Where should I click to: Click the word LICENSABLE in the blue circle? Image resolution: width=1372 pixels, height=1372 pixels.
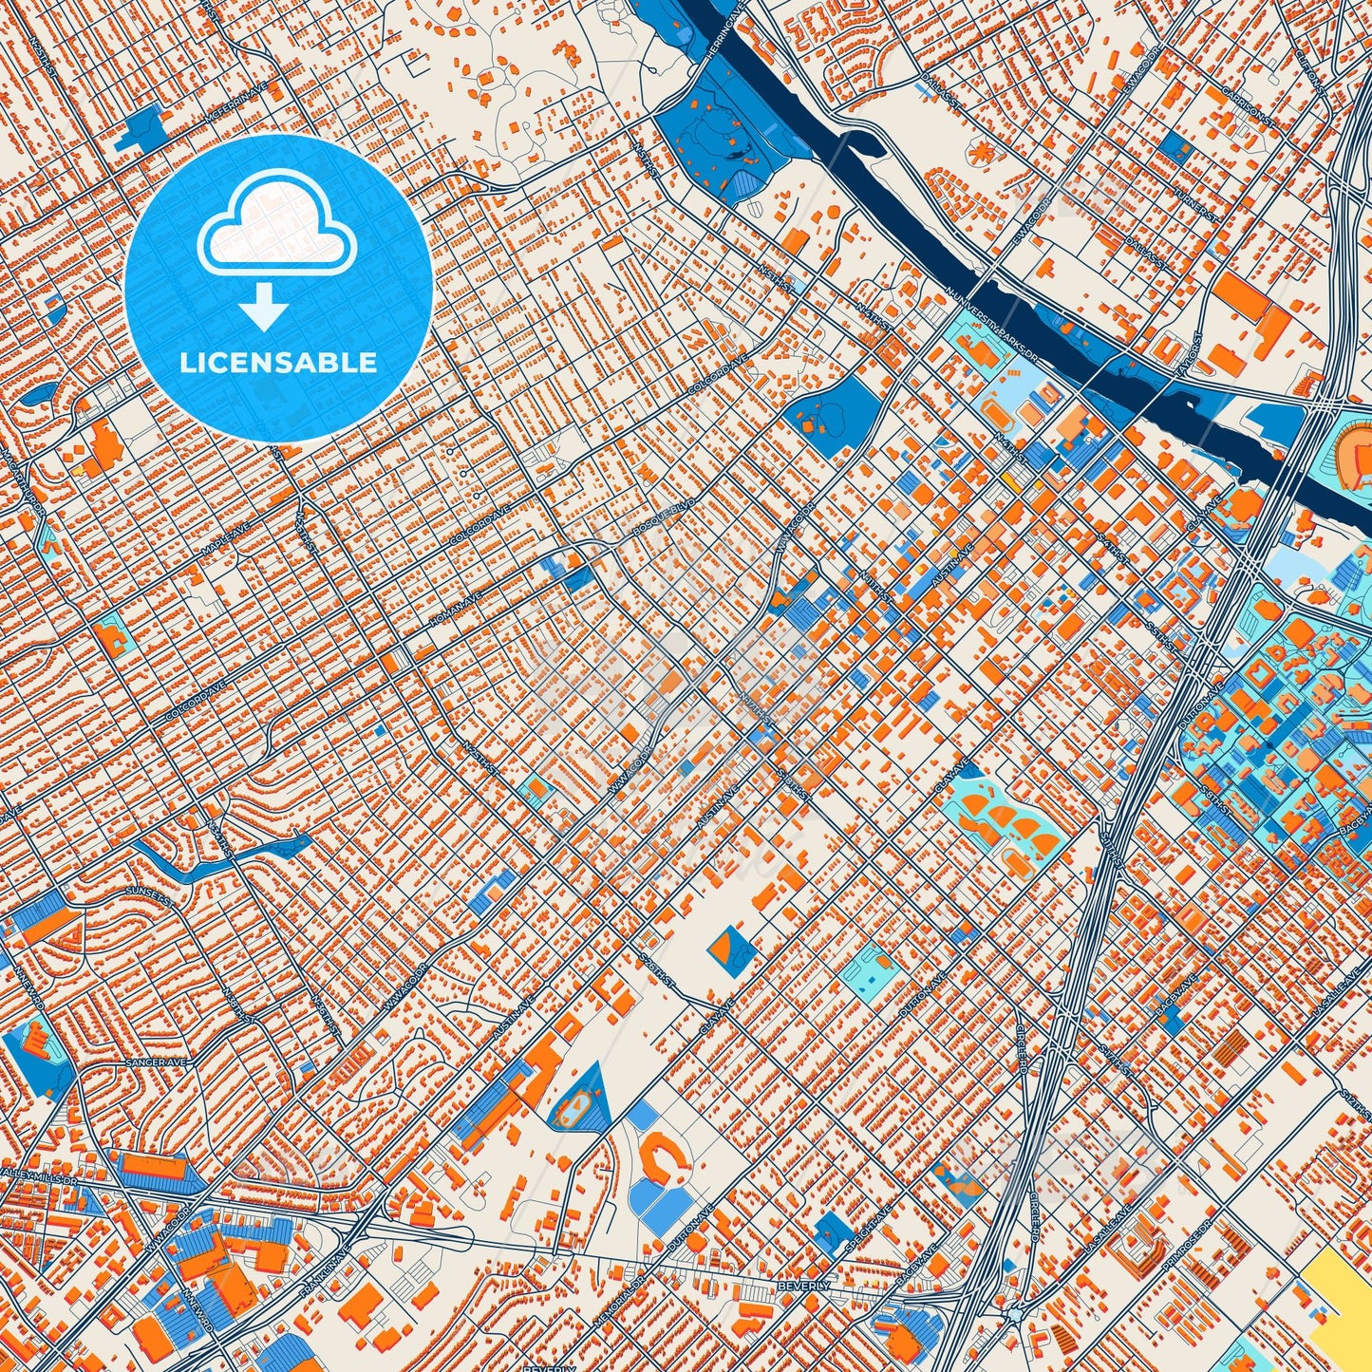tap(278, 363)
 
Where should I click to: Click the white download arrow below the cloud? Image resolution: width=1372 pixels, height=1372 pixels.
tap(264, 310)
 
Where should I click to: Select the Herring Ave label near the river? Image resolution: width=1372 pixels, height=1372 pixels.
tap(724, 39)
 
